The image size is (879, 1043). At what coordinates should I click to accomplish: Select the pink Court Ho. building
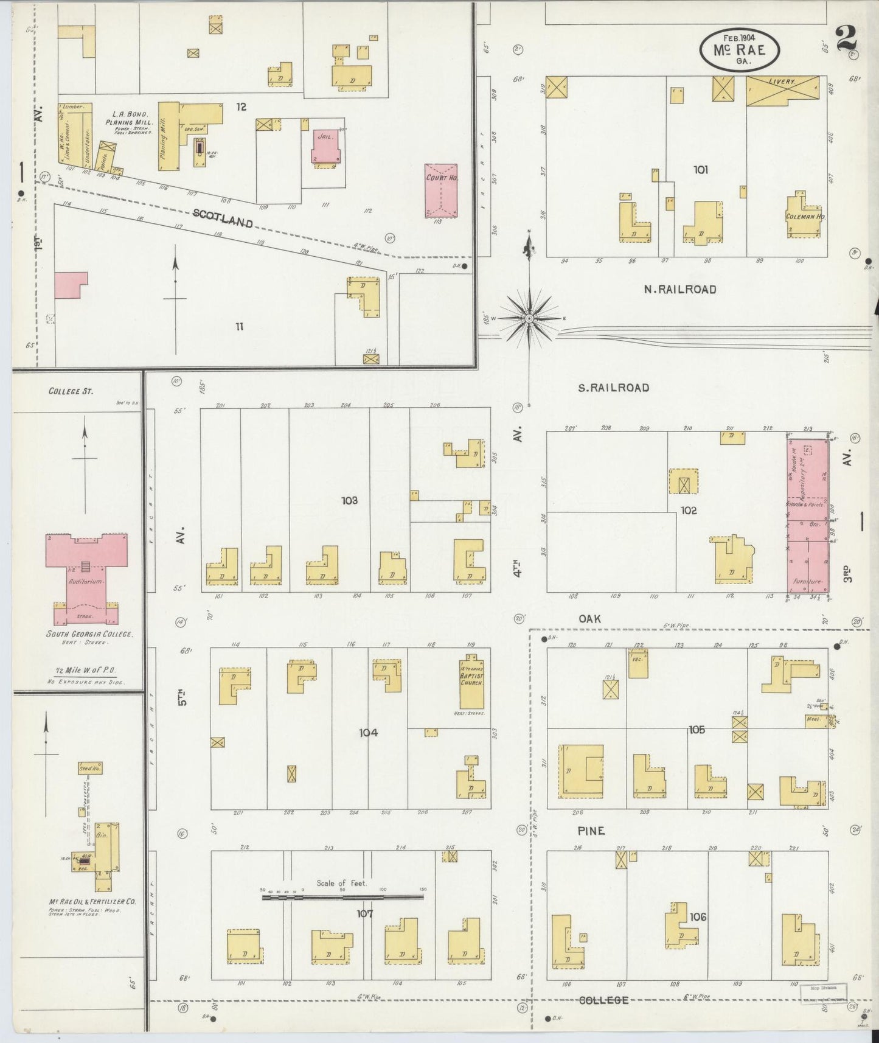point(441,190)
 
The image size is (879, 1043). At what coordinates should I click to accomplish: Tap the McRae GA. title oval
point(740,48)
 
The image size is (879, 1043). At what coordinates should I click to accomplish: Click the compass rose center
point(530,318)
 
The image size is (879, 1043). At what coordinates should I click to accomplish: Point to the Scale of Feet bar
point(343,896)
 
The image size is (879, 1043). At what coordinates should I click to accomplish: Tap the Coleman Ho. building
point(804,215)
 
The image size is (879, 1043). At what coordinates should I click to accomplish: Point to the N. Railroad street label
point(680,290)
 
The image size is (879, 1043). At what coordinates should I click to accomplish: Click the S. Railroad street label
point(613,388)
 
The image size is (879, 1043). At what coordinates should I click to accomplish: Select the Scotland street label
point(223,218)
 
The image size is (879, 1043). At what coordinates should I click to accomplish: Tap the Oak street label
point(589,619)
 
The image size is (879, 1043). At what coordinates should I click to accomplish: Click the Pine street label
point(591,831)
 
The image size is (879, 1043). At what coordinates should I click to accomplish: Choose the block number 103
point(349,501)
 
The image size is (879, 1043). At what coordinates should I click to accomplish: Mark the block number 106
point(698,916)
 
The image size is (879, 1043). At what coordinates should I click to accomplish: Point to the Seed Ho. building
point(90,769)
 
